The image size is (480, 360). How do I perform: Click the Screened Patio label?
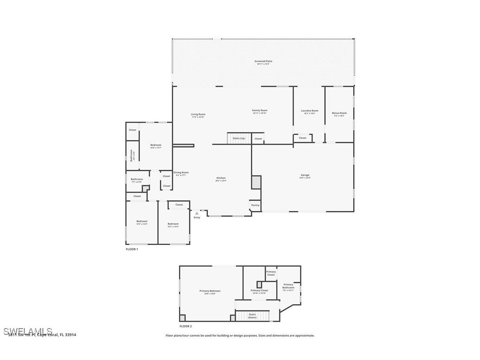(263, 61)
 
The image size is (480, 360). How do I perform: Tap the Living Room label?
(198, 115)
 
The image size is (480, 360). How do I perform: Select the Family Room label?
(259, 111)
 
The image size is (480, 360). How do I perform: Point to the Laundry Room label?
(309, 111)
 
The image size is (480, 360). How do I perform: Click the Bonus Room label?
(339, 113)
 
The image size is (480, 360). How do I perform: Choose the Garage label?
(305, 175)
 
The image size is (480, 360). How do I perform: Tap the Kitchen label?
(221, 178)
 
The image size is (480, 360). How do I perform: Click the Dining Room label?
(181, 173)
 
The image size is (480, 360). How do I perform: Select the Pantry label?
(255, 205)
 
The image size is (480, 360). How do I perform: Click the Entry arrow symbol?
(197, 213)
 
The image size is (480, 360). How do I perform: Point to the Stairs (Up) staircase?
(239, 138)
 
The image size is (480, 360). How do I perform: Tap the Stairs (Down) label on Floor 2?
(252, 316)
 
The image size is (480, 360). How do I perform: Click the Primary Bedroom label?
(210, 291)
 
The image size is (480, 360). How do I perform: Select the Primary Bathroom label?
(288, 286)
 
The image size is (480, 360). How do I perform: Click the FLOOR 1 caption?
(132, 249)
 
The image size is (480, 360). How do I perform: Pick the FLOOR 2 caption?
(185, 326)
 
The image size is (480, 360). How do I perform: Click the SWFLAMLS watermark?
(27, 331)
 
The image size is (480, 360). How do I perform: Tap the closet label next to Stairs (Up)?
(258, 139)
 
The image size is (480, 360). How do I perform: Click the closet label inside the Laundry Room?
(302, 138)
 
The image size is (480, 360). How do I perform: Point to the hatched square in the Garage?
(256, 182)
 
